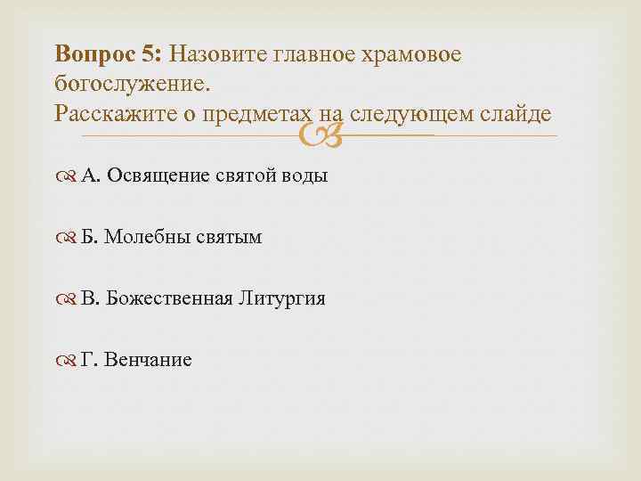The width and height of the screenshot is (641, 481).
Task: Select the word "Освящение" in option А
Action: [159, 175]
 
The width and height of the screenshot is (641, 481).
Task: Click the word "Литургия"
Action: [281, 298]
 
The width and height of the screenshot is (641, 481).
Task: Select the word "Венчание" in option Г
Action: [148, 360]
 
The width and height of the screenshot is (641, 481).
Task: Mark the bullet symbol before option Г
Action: [69, 361]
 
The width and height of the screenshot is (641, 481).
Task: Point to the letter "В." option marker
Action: [90, 298]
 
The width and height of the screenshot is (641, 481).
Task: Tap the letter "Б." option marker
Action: [90, 237]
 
